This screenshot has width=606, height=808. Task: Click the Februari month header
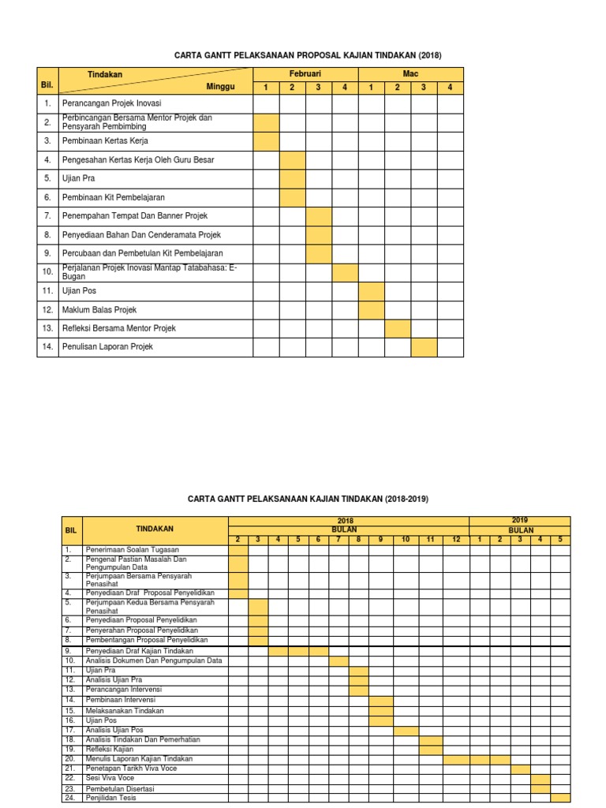tap(305, 73)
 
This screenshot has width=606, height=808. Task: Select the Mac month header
tap(410, 73)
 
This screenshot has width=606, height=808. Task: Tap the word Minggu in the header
tap(221, 87)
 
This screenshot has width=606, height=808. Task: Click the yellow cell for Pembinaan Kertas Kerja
tap(266, 140)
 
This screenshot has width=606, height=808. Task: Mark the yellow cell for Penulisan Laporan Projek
tap(424, 346)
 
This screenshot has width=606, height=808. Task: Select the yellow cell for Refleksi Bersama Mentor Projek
tap(398, 328)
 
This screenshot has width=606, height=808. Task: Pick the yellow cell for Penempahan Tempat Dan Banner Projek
tap(319, 215)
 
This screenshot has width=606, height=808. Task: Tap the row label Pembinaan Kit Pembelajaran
tap(114, 197)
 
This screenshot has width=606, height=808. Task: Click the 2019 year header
tap(519, 521)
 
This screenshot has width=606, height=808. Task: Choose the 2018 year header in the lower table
tap(346, 521)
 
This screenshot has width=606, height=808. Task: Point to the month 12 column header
tap(456, 539)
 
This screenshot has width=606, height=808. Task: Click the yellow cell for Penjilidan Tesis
tap(559, 798)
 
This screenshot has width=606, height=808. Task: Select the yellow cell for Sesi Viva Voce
tap(541, 778)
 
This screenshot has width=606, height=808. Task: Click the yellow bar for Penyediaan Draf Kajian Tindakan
tap(298, 651)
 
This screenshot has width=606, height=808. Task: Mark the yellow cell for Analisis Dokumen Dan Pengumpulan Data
tap(339, 660)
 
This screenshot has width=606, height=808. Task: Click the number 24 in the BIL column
tap(69, 798)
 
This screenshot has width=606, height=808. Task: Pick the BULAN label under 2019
tap(520, 530)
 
